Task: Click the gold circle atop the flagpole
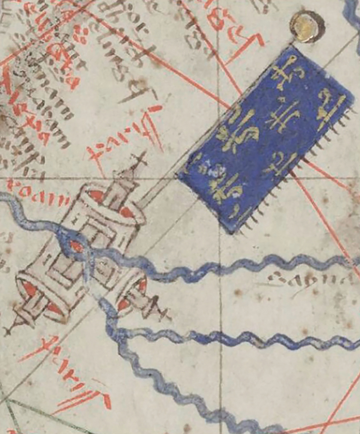click(307, 26)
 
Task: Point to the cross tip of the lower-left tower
click(8, 330)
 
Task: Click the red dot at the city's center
click(76, 246)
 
